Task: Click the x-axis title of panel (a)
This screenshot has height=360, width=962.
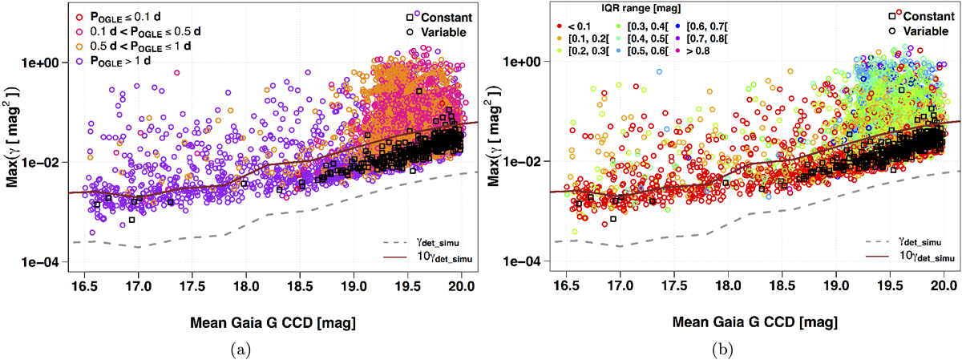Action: click(x=273, y=322)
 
